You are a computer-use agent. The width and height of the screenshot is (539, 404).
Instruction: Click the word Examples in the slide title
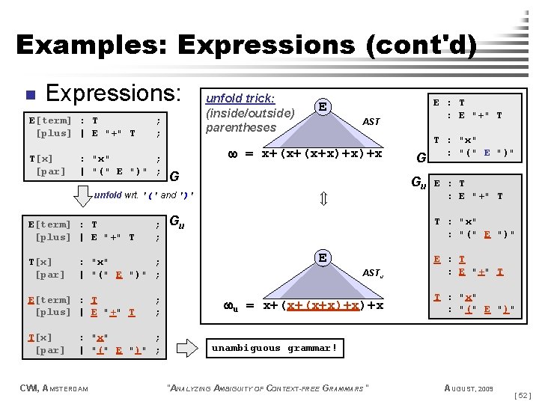click(91, 45)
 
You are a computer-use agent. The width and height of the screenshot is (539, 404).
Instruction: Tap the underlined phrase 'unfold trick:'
click(240, 98)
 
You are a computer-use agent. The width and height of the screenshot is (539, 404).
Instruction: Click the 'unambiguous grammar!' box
click(275, 348)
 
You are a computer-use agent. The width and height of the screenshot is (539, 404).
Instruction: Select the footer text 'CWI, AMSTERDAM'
click(55, 388)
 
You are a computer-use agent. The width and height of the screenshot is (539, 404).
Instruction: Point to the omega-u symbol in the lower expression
click(231, 305)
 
